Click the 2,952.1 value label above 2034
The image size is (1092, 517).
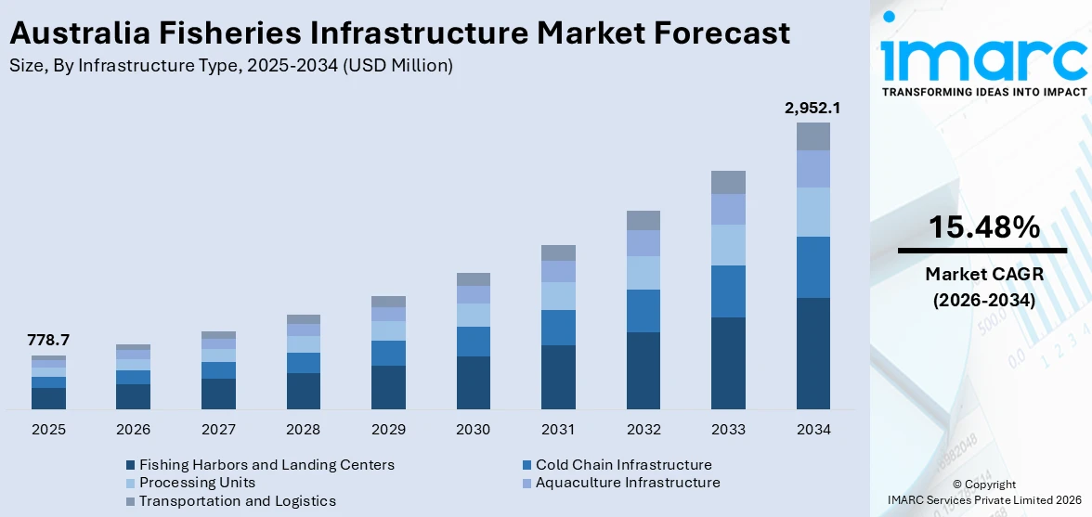click(812, 109)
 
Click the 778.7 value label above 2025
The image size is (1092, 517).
click(48, 341)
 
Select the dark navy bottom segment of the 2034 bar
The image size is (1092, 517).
click(812, 353)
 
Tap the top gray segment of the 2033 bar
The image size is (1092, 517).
click(728, 182)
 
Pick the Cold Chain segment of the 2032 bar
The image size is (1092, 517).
click(643, 311)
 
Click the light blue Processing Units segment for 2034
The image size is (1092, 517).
click(812, 212)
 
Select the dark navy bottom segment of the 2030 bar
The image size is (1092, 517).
click(473, 382)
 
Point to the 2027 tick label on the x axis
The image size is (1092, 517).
click(218, 430)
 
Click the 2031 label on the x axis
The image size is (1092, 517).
click(558, 430)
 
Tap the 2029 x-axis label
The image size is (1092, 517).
click(388, 430)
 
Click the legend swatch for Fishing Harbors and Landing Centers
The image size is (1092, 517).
click(130, 465)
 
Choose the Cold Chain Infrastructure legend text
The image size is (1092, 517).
click(623, 465)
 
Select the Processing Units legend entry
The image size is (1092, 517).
click(197, 483)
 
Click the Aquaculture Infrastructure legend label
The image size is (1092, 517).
click(628, 483)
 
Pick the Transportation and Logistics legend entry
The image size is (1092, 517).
click(237, 501)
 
